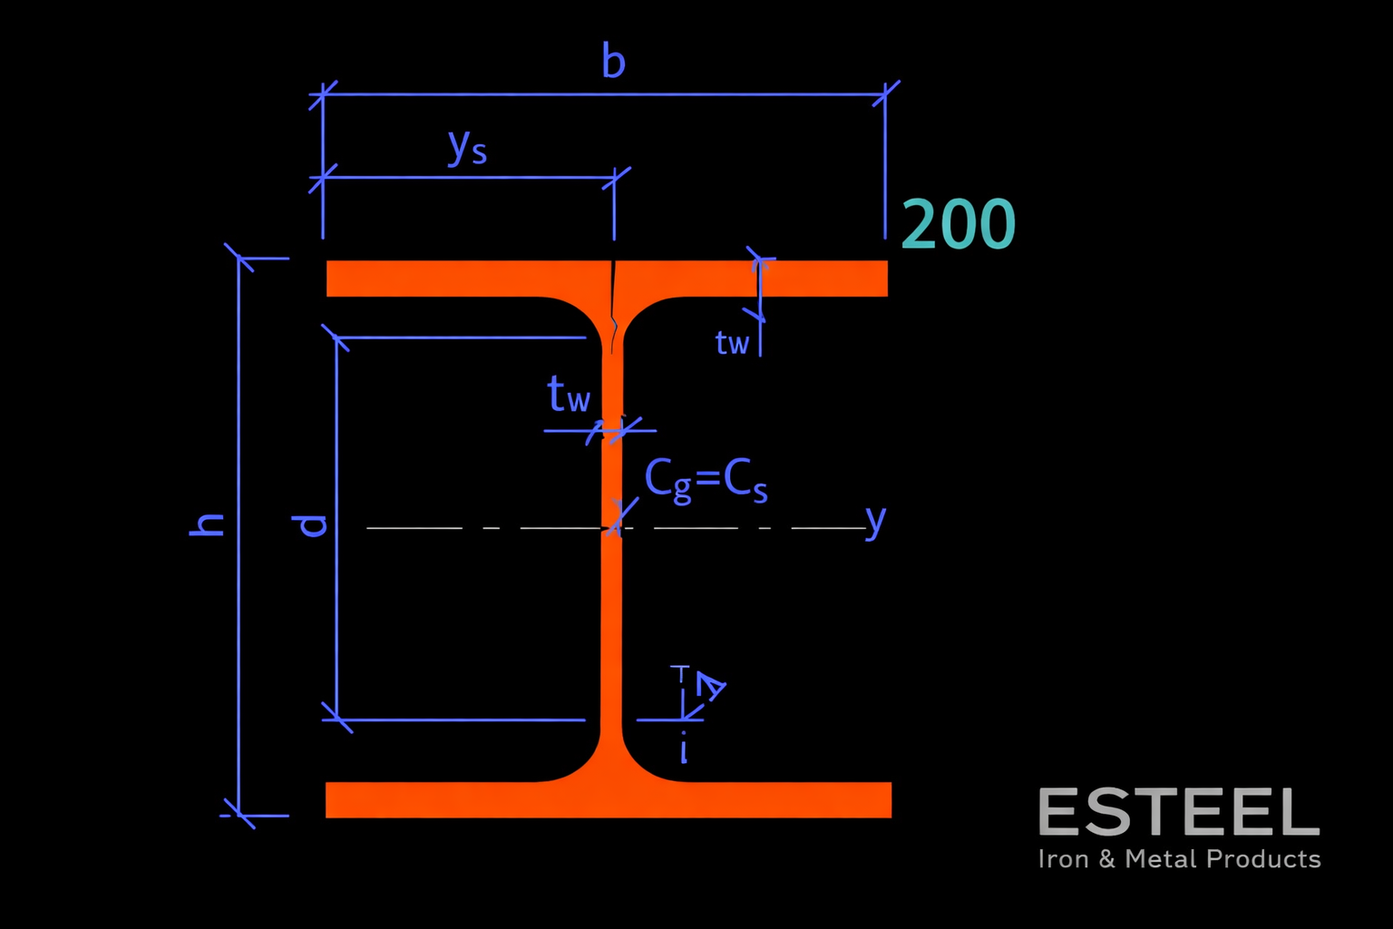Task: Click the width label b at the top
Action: tap(613, 62)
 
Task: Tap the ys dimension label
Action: tap(467, 146)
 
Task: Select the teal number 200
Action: tap(958, 225)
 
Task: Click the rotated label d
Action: tap(311, 524)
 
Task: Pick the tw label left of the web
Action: tap(569, 396)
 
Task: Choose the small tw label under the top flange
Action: tap(732, 343)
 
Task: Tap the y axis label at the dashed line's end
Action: tap(874, 521)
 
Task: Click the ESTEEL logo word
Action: tap(1178, 812)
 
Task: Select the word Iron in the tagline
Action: tap(1063, 859)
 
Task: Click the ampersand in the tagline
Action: tap(1107, 859)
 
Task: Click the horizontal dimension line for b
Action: tap(726, 93)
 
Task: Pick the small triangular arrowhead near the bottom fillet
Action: tap(710, 687)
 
